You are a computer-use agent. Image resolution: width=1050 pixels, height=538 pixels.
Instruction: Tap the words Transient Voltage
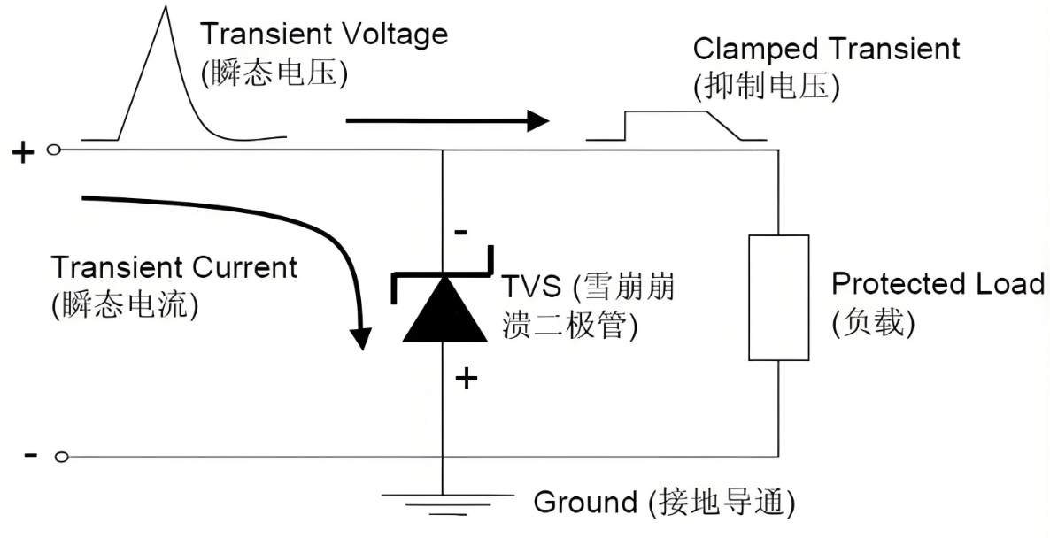point(323,35)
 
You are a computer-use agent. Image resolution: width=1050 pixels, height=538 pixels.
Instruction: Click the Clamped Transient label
point(826,48)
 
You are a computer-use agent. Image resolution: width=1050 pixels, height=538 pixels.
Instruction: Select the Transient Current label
point(174,267)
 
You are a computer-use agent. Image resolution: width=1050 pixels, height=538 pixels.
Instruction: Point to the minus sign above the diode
point(460,233)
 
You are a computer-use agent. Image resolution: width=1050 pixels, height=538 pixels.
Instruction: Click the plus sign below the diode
point(466,380)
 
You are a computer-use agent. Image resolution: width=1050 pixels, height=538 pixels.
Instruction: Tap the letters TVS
point(535,288)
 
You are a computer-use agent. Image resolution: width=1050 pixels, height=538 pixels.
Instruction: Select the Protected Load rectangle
point(778,297)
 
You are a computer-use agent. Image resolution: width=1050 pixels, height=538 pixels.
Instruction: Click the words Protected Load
point(938,284)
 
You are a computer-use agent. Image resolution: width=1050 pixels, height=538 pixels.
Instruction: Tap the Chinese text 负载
point(873,323)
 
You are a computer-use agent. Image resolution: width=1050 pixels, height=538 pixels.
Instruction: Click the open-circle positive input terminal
point(52,150)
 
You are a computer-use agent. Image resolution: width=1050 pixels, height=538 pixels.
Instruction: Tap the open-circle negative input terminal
point(61,457)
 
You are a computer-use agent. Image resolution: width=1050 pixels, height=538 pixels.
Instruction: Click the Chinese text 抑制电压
point(767,87)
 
